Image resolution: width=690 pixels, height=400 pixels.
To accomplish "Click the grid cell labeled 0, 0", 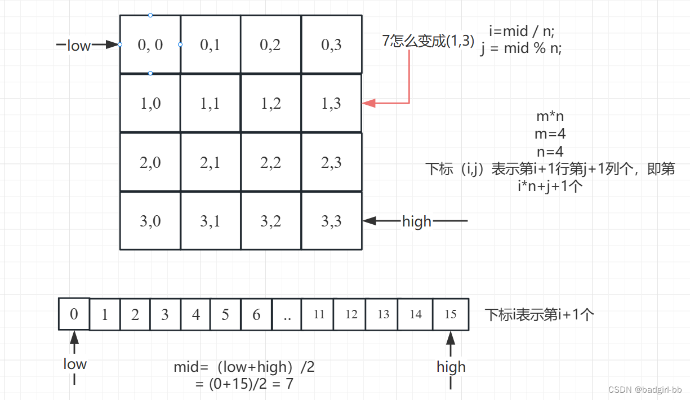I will click(x=150, y=45).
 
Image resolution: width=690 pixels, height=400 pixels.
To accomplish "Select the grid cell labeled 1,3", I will click(x=331, y=103).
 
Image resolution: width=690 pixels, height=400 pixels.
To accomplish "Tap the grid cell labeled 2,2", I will click(x=270, y=162).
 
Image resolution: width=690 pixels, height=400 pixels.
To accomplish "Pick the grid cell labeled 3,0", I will click(x=150, y=221).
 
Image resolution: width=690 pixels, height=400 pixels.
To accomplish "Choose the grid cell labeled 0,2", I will click(x=270, y=45).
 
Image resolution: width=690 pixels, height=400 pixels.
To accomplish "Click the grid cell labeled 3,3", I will click(x=331, y=221).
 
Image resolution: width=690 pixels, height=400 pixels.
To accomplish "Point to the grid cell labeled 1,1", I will click(x=210, y=103).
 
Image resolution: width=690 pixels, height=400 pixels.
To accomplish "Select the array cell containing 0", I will click(x=74, y=314).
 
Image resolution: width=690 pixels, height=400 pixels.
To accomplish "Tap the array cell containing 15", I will click(x=451, y=314).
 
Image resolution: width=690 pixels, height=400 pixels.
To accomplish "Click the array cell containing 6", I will click(x=256, y=314).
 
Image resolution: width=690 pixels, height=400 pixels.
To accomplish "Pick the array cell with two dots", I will click(x=287, y=314).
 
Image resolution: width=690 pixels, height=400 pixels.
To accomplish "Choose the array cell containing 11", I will click(x=319, y=314).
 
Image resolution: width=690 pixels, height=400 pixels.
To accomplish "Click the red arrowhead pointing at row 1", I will click(x=368, y=103).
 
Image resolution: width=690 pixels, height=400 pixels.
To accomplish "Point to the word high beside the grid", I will click(x=417, y=221).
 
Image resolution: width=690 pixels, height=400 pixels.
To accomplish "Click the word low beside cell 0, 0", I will click(x=78, y=46).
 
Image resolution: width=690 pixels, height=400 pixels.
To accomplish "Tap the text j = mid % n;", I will click(x=521, y=48).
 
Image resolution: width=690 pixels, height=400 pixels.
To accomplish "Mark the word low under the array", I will click(x=75, y=364).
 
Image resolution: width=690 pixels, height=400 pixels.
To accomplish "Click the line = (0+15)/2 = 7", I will click(x=243, y=384).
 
